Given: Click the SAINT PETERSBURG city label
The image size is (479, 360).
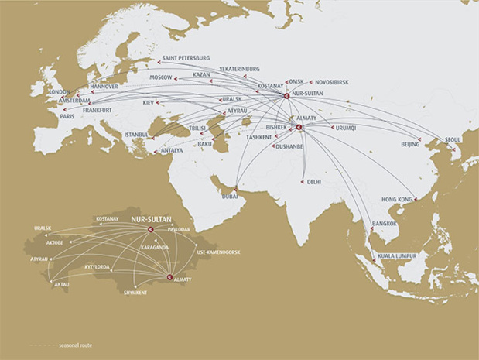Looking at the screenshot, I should pyautogui.click(x=186, y=58).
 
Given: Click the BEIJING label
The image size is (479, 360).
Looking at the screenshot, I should pyautogui.click(x=410, y=144).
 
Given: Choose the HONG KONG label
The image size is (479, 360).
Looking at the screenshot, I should pyautogui.click(x=397, y=200).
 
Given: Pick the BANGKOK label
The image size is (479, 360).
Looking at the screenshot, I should pyautogui.click(x=384, y=223).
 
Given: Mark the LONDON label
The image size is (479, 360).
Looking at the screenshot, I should pyautogui.click(x=60, y=91).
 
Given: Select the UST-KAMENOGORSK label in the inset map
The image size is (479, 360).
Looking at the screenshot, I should pyautogui.click(x=218, y=252).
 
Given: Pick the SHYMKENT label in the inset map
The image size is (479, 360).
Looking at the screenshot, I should pyautogui.click(x=135, y=293).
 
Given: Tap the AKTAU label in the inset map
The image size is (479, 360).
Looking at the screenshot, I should pyautogui.click(x=61, y=284).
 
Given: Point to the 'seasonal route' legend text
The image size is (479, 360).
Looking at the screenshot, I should pyautogui.click(x=75, y=345).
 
